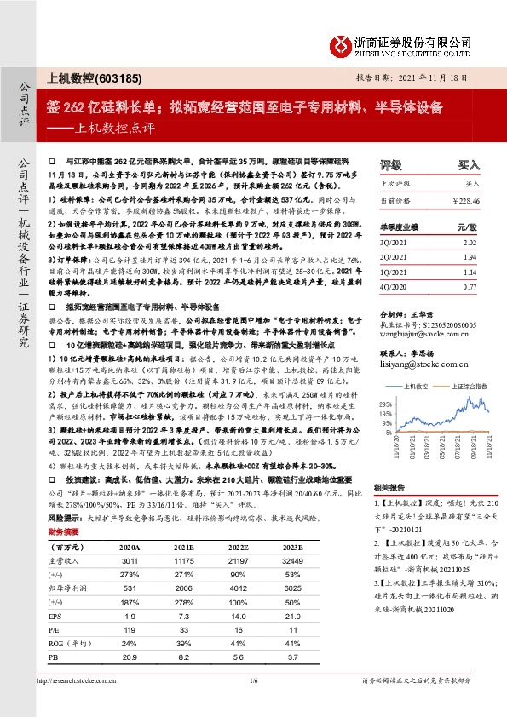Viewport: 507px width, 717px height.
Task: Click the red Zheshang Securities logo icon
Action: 341,42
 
